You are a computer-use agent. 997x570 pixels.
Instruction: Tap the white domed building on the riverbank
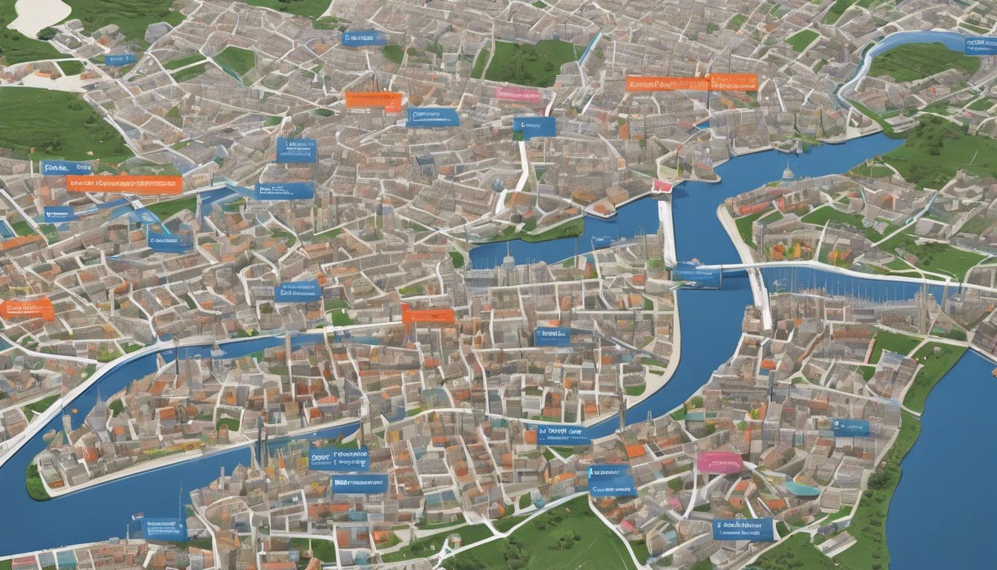tap(788, 173)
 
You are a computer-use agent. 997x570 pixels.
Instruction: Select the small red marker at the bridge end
tap(662, 186)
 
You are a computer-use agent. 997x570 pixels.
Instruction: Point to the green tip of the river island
tap(36, 482)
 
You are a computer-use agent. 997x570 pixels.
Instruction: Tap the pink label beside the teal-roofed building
tap(719, 462)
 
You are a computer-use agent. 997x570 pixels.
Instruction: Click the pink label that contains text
tap(519, 94)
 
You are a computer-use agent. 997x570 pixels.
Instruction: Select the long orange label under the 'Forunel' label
tap(124, 184)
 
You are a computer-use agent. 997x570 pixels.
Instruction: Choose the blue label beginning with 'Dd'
tap(563, 434)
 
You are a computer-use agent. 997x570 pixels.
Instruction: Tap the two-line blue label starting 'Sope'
tap(338, 457)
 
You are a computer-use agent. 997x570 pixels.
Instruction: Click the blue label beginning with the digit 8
tap(743, 529)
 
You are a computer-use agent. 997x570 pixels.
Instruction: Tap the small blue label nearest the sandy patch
tap(119, 59)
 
